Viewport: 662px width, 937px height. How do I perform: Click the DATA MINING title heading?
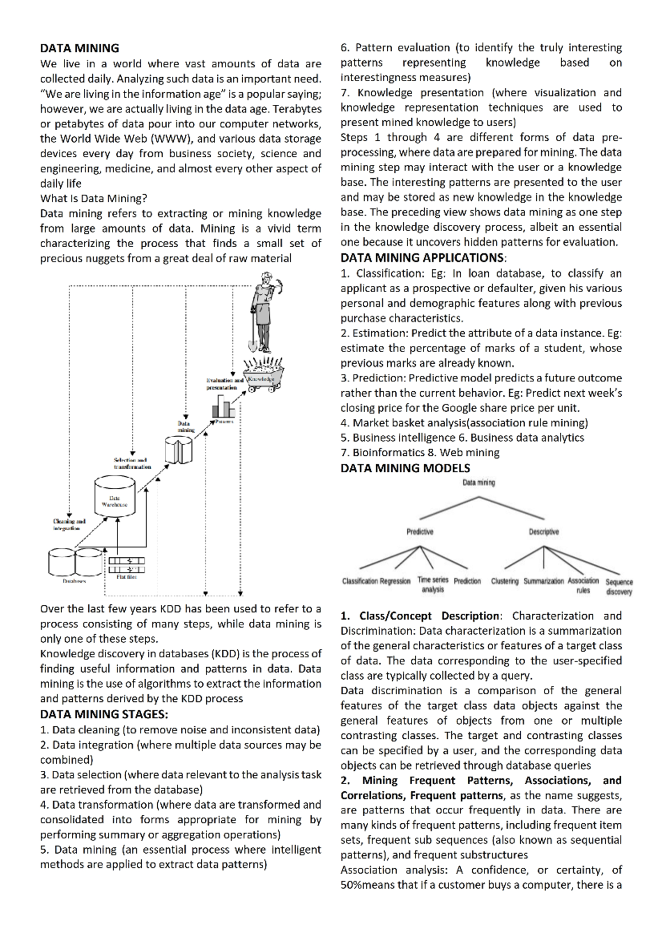click(x=79, y=49)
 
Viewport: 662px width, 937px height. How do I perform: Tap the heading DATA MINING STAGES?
click(x=104, y=715)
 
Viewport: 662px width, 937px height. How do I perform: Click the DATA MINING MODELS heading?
click(x=405, y=468)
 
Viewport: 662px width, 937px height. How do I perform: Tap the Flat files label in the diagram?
click(x=126, y=577)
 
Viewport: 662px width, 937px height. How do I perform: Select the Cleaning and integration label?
click(x=69, y=524)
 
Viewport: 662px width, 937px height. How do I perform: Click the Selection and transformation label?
click(x=132, y=463)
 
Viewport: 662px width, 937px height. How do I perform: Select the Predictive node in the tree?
click(x=420, y=532)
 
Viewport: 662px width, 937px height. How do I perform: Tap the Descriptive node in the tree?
click(x=543, y=532)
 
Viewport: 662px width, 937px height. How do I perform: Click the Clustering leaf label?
click(x=505, y=581)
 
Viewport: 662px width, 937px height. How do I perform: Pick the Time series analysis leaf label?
click(x=433, y=584)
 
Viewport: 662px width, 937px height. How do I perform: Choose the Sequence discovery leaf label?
click(x=619, y=587)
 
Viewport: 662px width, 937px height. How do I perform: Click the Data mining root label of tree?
click(x=478, y=483)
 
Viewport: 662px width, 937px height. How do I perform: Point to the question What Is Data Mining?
click(x=94, y=199)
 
